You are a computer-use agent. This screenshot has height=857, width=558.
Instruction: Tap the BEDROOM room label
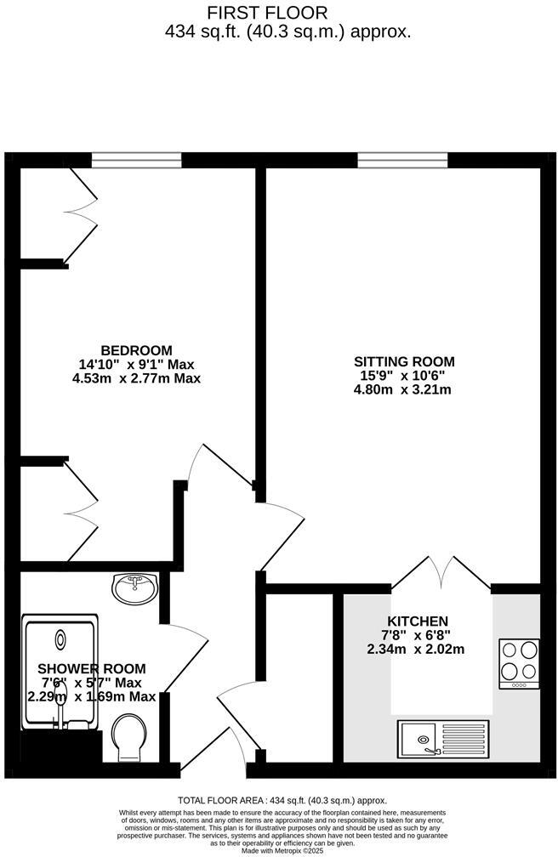(137, 350)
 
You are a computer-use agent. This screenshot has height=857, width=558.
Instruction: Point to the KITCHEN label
(418, 621)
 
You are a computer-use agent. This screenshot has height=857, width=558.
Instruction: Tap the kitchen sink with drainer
(443, 738)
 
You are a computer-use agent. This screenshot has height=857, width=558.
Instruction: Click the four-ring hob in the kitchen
(519, 662)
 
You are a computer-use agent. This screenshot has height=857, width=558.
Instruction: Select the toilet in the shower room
(129, 736)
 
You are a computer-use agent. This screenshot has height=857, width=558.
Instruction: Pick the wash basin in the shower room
(134, 587)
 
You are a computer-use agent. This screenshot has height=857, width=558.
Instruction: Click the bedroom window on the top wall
(137, 160)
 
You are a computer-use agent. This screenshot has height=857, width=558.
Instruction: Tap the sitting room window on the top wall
(402, 160)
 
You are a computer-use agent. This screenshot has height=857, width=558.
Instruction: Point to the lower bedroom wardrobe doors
(82, 511)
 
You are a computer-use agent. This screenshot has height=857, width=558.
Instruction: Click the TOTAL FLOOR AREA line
(282, 801)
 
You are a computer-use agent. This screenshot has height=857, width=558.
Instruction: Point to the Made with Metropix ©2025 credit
(282, 850)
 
